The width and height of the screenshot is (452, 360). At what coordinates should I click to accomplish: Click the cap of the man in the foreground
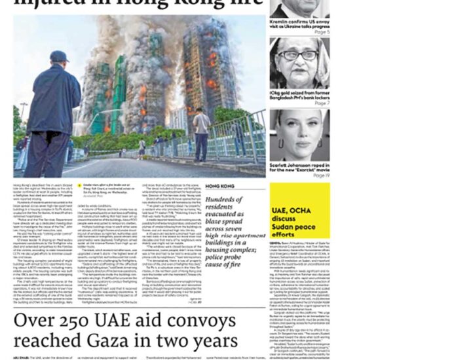click(59, 56)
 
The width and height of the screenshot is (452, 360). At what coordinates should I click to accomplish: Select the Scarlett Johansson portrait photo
click(299, 134)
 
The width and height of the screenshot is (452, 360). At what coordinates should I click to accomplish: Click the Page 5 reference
click(322, 32)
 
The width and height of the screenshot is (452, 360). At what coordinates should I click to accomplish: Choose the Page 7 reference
click(322, 103)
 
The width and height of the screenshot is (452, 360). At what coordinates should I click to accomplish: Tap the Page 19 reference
click(320, 175)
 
